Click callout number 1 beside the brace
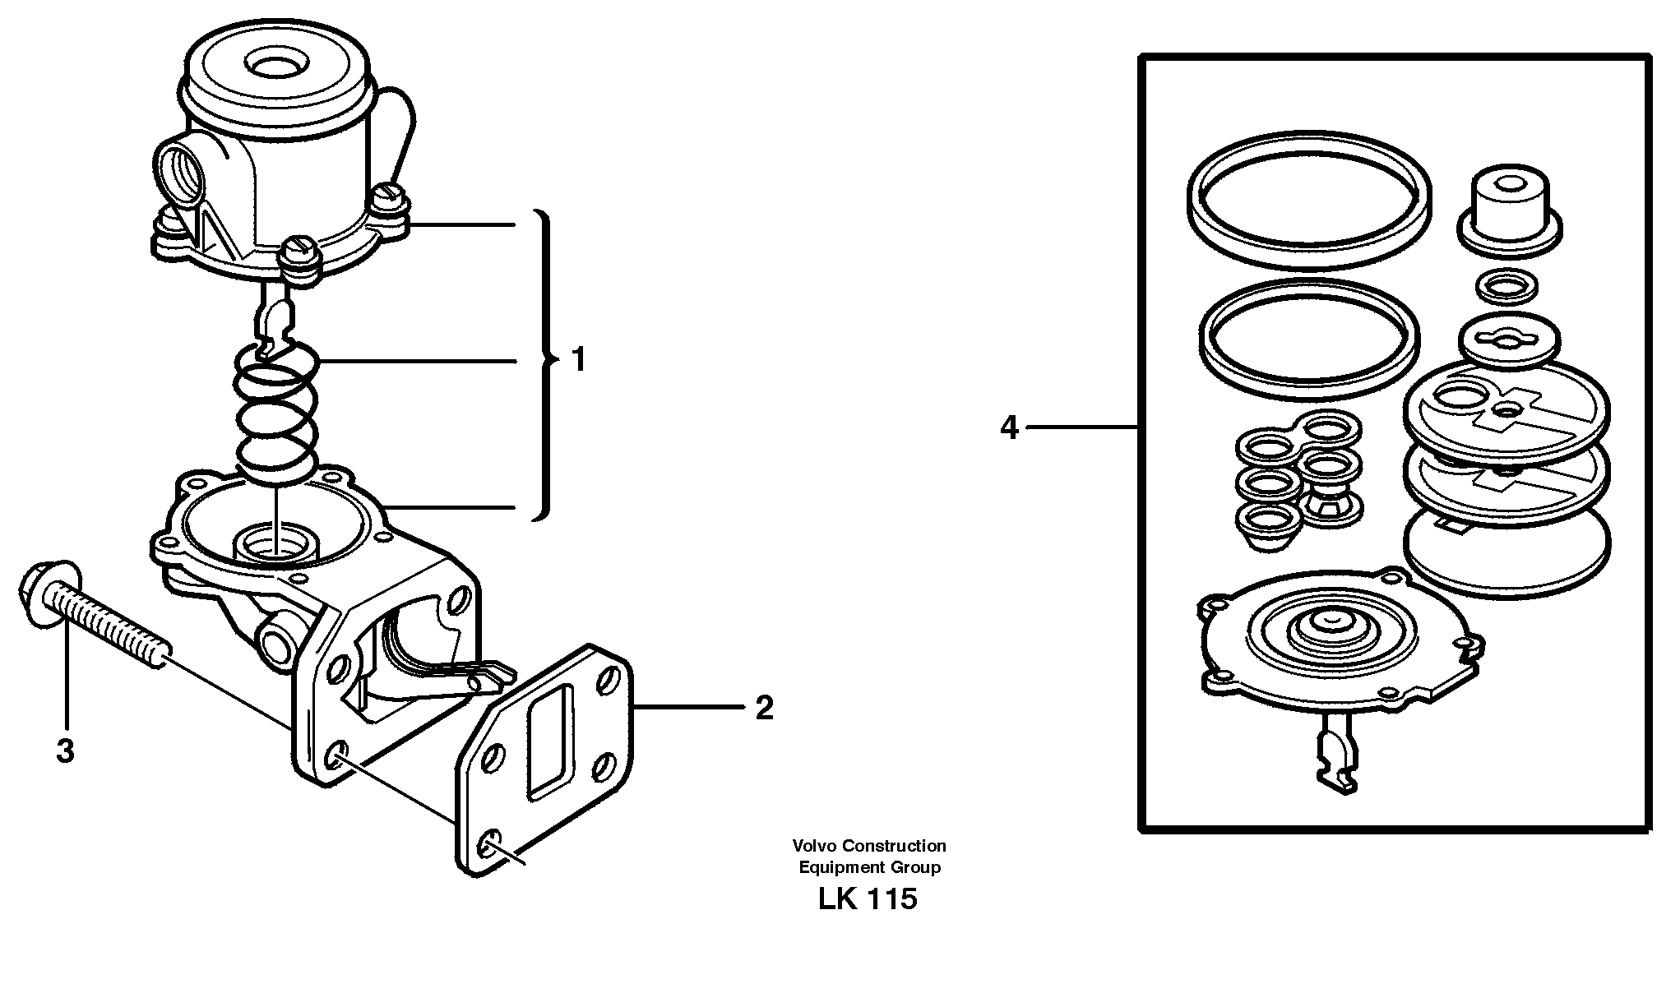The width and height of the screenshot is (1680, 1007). point(579,360)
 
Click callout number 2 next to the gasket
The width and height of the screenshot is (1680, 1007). point(764,708)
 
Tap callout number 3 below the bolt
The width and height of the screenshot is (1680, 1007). point(65,751)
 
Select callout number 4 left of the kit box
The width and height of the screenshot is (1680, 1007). point(1009,427)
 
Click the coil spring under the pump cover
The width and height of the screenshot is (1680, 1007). point(277,411)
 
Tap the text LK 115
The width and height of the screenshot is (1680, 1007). point(867,899)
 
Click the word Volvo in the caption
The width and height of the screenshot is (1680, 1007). point(812,846)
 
